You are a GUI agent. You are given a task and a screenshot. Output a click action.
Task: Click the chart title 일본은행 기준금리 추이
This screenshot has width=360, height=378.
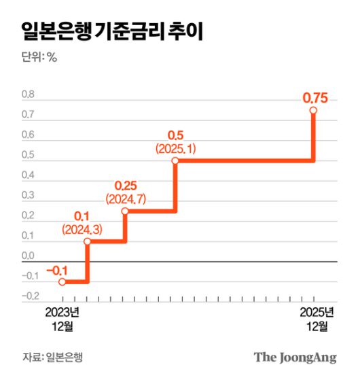tap(111, 30)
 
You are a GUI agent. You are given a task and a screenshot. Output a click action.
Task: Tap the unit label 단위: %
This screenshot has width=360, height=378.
tap(39, 57)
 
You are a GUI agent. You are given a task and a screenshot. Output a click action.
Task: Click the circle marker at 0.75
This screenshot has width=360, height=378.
tap(313, 110)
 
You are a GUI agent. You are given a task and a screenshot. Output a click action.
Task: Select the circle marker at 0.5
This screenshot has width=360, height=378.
tap(175, 161)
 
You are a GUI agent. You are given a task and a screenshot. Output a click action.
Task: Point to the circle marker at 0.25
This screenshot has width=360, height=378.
tap(125, 211)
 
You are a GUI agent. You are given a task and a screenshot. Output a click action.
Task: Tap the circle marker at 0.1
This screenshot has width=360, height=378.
tap(87, 241)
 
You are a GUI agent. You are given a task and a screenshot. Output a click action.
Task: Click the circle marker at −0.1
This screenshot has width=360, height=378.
tap(62, 281)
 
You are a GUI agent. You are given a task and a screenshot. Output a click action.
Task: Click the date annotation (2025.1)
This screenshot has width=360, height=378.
tap(175, 148)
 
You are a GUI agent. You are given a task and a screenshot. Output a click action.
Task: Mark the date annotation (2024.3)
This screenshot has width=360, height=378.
tap(82, 230)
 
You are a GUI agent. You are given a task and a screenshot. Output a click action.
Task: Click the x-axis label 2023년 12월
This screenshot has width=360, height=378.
tap(62, 319)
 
